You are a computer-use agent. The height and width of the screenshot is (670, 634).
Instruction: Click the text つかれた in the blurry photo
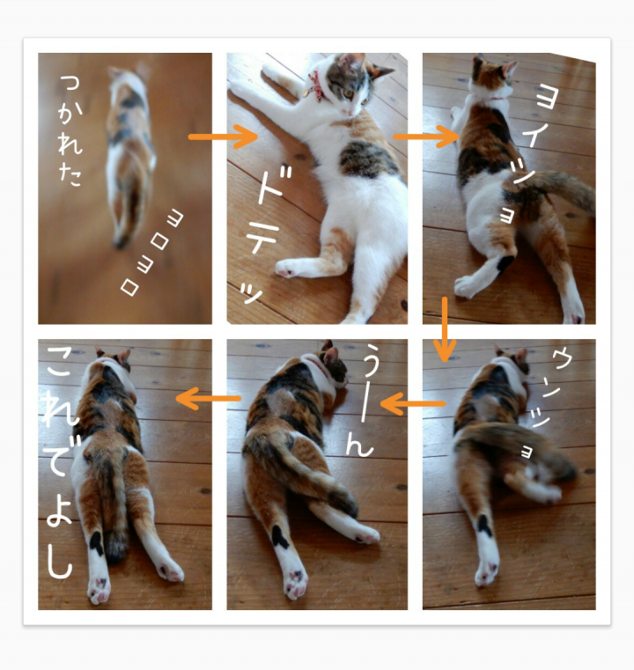70,131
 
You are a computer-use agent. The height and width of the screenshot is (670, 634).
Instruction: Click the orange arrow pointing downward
445,329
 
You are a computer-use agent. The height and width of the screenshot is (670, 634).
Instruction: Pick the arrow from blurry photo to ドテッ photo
223,136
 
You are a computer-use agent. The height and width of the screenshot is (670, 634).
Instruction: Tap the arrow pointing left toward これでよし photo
209,399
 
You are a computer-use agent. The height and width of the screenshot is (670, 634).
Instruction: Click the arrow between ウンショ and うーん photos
413,403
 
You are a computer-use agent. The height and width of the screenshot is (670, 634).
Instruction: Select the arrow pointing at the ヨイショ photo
426,136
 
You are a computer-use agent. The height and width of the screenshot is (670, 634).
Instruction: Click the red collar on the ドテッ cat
317,87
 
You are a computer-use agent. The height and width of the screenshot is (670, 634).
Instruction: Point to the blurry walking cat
129,155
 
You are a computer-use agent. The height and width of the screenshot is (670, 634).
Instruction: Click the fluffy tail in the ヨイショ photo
556,191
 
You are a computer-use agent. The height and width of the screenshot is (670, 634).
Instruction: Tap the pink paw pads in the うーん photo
296,583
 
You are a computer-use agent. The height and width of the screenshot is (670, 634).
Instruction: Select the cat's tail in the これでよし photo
111,504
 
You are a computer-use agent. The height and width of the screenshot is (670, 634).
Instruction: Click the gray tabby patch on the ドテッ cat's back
366,160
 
